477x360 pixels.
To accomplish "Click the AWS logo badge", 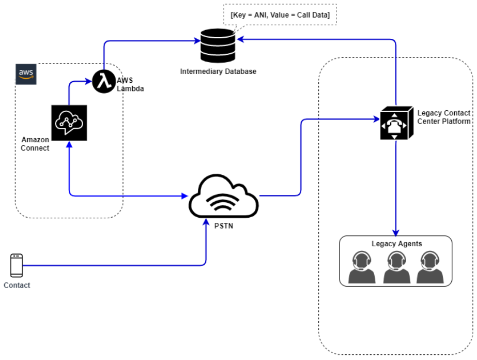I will coord(26,74).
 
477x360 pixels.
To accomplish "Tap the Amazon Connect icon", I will coord(69,123).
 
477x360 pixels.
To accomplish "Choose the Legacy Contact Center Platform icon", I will coord(396,123).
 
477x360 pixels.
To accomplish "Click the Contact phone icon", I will coord(17,266).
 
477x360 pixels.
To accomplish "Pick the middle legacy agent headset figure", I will coord(396,267).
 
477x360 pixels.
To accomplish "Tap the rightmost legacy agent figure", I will coord(430,267).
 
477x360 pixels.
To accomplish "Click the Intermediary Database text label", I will coord(218,71).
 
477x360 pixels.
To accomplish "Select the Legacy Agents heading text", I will coord(396,244).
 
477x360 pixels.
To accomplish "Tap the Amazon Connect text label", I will coord(35,144).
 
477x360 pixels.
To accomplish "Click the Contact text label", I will coord(17,285).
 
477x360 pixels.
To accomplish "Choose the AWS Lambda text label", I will coord(130,84).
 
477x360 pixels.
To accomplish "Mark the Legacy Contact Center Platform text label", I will coord(443,117).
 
